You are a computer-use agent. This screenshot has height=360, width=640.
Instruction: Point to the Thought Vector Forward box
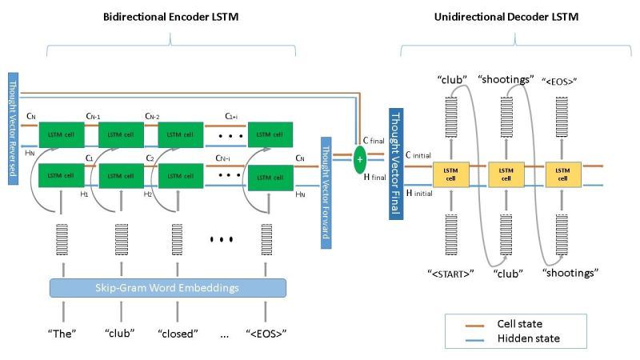coord(326,191)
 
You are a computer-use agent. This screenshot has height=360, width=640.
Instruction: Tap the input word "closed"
coord(177,333)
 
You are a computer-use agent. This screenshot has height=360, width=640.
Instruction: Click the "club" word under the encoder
coord(119,333)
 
